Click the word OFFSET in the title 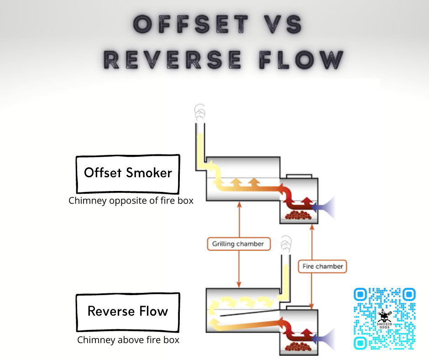pos(192,24)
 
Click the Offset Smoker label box pos(128,173)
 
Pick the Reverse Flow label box pos(128,312)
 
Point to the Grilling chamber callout pos(238,244)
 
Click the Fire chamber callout pos(323,266)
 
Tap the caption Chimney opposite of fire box pos(131,201)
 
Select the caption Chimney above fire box pos(128,339)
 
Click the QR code pos(385,318)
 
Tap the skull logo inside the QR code pos(385,316)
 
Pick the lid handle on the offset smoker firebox pos(299,176)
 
